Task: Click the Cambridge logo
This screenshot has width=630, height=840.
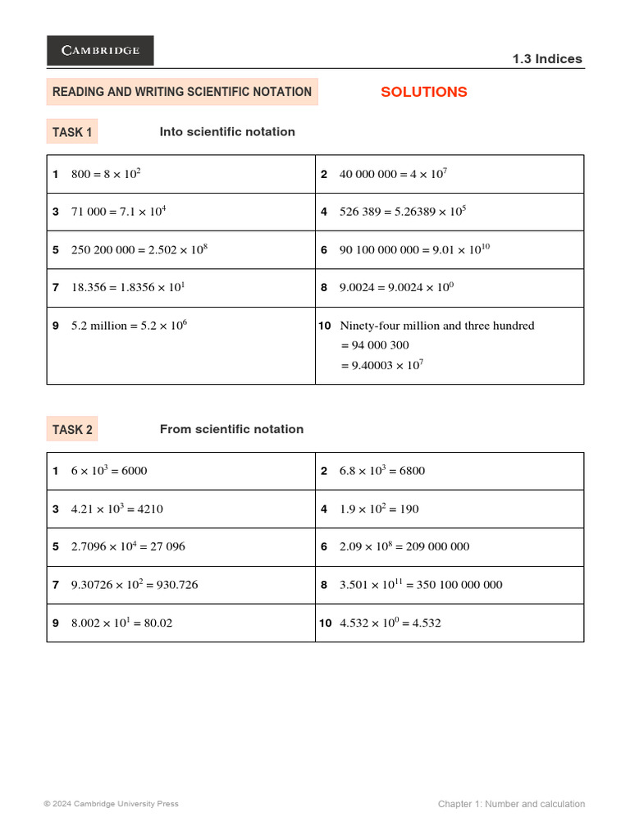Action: tap(100, 50)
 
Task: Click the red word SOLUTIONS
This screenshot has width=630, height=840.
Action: tap(423, 92)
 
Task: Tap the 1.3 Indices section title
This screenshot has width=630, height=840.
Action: tap(546, 59)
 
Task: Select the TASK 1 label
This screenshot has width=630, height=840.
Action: tap(72, 132)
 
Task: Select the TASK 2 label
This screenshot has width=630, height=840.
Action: tap(72, 429)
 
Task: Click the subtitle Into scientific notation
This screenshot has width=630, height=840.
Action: tap(227, 132)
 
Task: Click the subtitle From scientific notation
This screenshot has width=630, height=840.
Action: tap(231, 429)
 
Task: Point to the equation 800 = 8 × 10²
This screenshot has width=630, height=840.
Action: tap(107, 174)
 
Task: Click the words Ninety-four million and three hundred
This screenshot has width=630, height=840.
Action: tap(436, 326)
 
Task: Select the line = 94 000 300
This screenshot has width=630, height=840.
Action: tap(375, 345)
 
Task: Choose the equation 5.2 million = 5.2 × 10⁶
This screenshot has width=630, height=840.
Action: tap(129, 326)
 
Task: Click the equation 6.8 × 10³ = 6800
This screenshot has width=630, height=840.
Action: tap(381, 471)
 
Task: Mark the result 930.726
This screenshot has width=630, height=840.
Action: tap(171, 585)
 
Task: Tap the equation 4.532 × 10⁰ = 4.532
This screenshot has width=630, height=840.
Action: tap(390, 623)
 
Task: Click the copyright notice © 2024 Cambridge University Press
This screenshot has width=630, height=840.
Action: tap(111, 804)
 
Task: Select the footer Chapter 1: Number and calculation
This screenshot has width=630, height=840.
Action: tap(511, 804)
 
